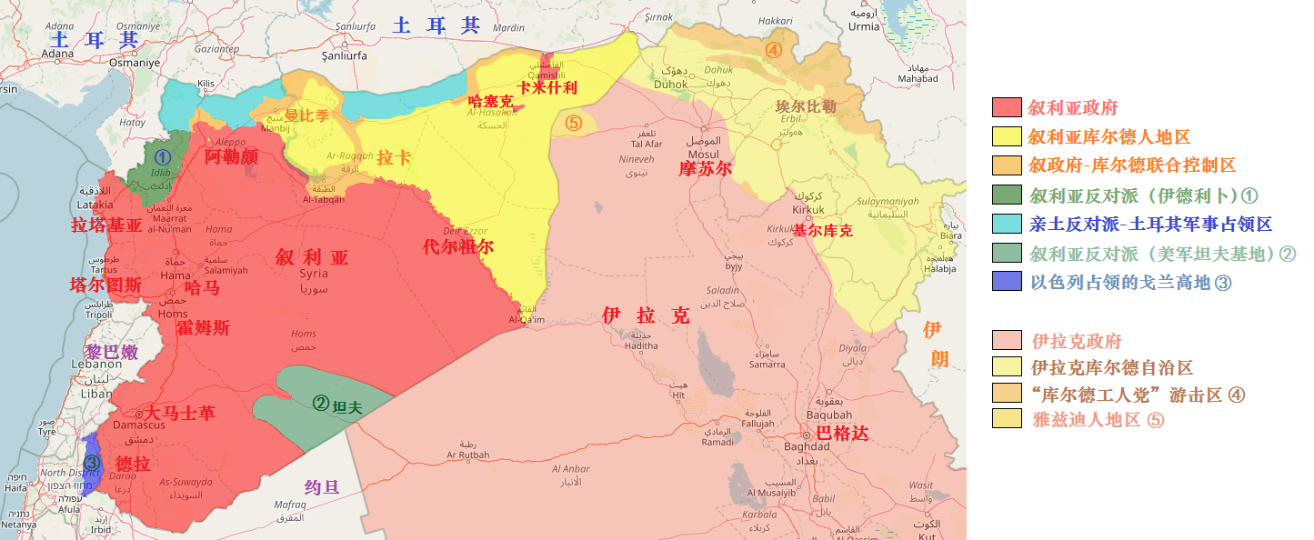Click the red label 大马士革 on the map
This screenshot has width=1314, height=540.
pyautogui.click(x=180, y=413)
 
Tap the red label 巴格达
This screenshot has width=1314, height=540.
pyautogui.click(x=842, y=434)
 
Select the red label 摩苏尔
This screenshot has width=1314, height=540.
pyautogui.click(x=705, y=168)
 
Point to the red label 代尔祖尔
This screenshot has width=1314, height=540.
pyautogui.click(x=458, y=246)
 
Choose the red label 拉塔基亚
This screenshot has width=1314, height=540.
pyautogui.click(x=106, y=225)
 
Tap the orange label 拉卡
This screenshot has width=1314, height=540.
pyautogui.click(x=393, y=157)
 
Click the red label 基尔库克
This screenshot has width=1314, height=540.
pyautogui.click(x=822, y=231)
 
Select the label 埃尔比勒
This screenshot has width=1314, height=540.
pyautogui.click(x=805, y=106)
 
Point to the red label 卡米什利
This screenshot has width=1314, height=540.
pyautogui.click(x=547, y=88)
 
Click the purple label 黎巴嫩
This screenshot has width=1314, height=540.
pyautogui.click(x=111, y=352)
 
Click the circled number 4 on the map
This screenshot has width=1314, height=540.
pyautogui.click(x=773, y=50)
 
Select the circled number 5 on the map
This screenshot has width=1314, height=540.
pyautogui.click(x=573, y=123)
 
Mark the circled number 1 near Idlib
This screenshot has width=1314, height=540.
pyautogui.click(x=162, y=156)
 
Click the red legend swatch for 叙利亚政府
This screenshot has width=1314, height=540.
pyautogui.click(x=1007, y=107)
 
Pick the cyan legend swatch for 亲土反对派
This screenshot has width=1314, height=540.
pyautogui.click(x=1007, y=224)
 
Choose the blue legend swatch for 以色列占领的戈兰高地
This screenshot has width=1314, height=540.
pyautogui.click(x=1007, y=282)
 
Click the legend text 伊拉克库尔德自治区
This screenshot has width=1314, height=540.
pyautogui.click(x=1111, y=368)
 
